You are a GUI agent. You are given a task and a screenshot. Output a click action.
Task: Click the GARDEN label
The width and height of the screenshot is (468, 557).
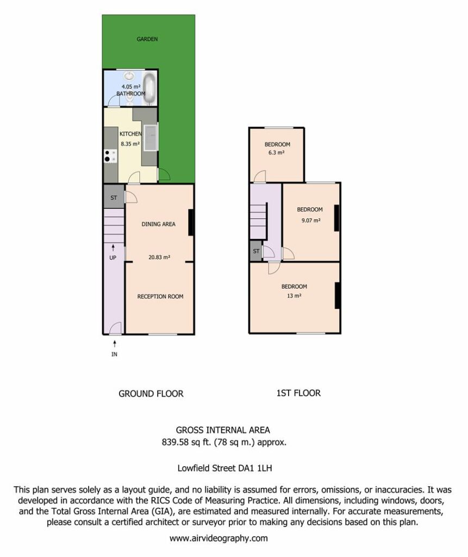click(x=147, y=39)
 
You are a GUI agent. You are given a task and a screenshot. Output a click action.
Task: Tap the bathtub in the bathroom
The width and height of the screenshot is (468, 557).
click(x=149, y=88)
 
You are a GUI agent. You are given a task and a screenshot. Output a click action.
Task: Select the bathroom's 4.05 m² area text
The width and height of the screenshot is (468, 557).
click(x=131, y=86)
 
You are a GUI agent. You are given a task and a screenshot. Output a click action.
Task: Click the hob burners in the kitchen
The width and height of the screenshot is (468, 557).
click(x=110, y=156)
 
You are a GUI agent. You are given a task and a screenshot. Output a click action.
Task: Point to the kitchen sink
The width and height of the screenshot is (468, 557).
click(x=151, y=138)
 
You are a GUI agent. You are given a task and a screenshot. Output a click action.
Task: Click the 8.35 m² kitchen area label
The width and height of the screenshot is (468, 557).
click(x=130, y=144)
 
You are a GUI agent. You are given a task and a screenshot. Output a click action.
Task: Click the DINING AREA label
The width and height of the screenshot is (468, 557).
click(x=158, y=224)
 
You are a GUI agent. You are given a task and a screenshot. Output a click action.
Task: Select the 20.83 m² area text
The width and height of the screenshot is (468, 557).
click(x=159, y=257)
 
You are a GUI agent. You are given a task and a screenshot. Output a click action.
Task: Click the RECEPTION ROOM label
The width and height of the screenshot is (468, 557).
click(x=160, y=296)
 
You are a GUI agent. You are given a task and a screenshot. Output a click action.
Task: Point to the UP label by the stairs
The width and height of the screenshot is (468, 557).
click(x=113, y=257)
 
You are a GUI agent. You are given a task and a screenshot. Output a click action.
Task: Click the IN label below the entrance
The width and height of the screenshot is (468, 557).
click(x=114, y=354)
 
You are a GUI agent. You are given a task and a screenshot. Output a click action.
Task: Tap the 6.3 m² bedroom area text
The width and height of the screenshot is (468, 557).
click(x=276, y=153)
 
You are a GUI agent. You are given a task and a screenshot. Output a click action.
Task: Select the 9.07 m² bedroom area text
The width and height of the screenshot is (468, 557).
click(x=311, y=220)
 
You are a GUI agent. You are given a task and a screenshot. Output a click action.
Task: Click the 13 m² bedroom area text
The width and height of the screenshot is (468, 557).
click(x=295, y=295)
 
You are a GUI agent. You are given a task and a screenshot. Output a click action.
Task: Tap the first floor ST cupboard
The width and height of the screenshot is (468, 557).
click(x=256, y=251)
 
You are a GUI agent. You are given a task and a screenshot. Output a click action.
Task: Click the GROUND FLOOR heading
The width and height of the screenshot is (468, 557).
click(x=151, y=394)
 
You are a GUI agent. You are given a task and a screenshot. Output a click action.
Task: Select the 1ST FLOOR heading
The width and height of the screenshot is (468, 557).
click(x=298, y=393)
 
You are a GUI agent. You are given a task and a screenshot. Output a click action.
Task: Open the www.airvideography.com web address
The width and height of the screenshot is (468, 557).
click(x=219, y=538)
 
